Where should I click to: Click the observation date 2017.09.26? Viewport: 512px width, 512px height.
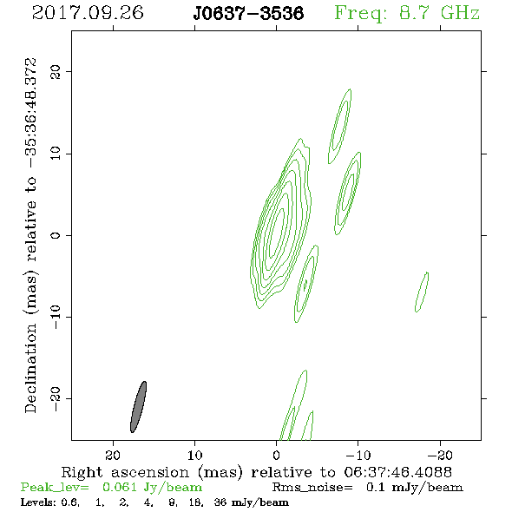[88, 13]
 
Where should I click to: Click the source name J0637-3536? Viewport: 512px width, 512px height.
[248, 13]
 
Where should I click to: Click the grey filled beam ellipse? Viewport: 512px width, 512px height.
[139, 407]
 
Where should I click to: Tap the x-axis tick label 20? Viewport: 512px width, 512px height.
[113, 456]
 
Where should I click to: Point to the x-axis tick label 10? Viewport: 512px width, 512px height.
[194, 456]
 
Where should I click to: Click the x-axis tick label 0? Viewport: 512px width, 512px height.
[276, 456]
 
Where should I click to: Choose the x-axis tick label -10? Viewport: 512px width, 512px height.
[358, 456]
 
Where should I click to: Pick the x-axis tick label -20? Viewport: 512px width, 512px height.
[440, 456]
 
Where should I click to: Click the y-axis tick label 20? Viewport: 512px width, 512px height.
[56, 72]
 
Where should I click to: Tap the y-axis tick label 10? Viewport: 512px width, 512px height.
[56, 154]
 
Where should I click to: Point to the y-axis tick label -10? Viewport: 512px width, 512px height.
[56, 317]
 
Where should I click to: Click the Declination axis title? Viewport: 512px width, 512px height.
[30, 235]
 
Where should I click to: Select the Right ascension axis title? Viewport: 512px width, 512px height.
[257, 472]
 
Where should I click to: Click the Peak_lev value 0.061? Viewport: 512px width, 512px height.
[120, 487]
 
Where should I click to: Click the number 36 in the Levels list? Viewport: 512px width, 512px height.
[220, 502]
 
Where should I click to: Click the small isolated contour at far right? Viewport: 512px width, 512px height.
[422, 292]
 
